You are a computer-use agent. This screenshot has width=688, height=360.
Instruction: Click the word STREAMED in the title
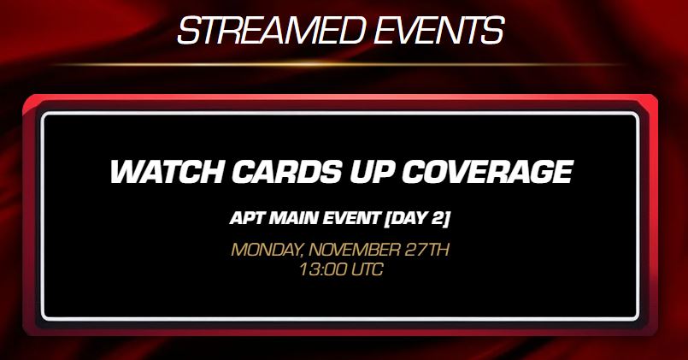click(271, 31)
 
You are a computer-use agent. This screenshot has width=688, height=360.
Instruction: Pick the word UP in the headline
click(372, 171)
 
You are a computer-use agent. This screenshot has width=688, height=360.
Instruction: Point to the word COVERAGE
click(487, 171)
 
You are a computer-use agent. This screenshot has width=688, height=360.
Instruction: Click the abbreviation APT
click(247, 218)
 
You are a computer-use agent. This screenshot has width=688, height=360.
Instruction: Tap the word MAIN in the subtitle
click(293, 218)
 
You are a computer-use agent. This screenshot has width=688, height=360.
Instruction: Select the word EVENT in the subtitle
click(351, 218)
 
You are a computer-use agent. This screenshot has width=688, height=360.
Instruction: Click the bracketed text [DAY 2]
click(417, 219)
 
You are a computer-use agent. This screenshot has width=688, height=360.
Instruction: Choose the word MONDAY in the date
click(267, 251)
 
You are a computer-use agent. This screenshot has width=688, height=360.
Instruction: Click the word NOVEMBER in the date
click(355, 250)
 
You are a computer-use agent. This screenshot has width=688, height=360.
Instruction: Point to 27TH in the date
click(426, 250)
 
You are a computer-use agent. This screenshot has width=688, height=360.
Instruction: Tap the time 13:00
click(322, 269)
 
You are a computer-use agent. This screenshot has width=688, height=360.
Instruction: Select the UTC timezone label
click(367, 269)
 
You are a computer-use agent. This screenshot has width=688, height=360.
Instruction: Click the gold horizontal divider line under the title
click(338, 64)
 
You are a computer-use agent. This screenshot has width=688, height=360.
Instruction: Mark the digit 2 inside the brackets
click(438, 218)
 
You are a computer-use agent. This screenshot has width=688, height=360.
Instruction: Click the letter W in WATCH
click(126, 171)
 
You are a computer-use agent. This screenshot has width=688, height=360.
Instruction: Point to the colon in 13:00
click(322, 269)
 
